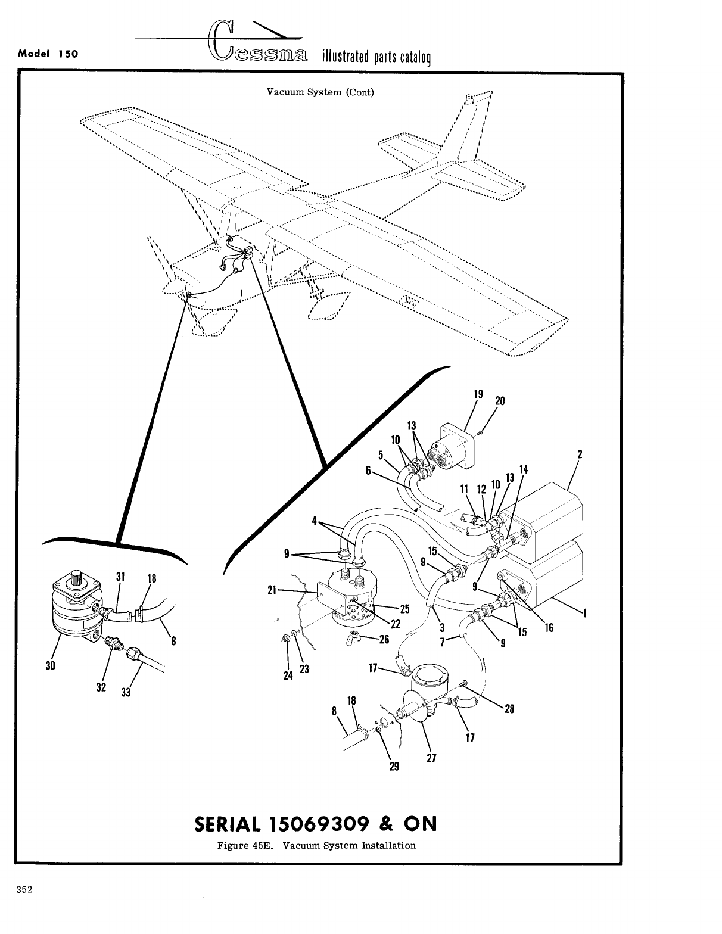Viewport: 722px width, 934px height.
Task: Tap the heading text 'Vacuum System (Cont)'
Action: pyautogui.click(x=320, y=92)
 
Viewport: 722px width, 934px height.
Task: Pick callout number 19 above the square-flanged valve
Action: pyautogui.click(x=478, y=394)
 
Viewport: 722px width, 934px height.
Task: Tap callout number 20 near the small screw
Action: pyautogui.click(x=500, y=401)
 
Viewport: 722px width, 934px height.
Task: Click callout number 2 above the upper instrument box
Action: pyautogui.click(x=579, y=454)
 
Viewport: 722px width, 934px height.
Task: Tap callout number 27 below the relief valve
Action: pyautogui.click(x=432, y=758)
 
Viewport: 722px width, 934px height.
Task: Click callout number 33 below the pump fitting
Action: pyautogui.click(x=126, y=692)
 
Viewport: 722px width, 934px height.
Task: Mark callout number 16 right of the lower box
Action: pyautogui.click(x=549, y=627)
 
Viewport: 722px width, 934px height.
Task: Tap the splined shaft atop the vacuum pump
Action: pyautogui.click(x=77, y=576)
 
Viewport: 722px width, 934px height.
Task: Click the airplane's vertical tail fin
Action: pyautogui.click(x=471, y=128)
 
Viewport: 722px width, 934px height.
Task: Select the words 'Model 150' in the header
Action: pyautogui.click(x=49, y=52)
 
